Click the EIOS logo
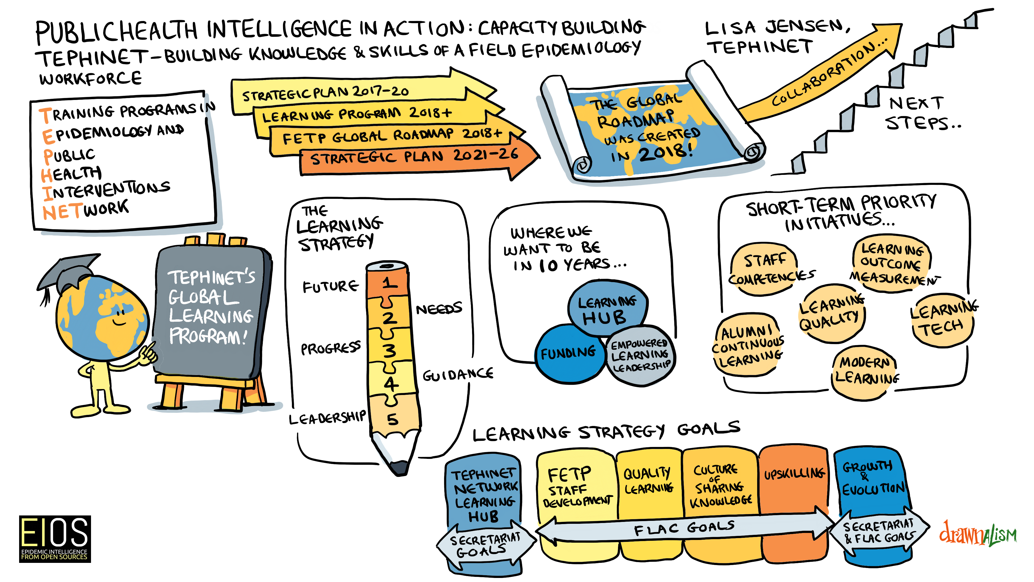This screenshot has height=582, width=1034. pyautogui.click(x=55, y=539)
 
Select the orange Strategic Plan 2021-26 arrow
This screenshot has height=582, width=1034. pyautogui.click(x=417, y=159)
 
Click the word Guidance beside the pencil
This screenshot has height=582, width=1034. pyautogui.click(x=457, y=375)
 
